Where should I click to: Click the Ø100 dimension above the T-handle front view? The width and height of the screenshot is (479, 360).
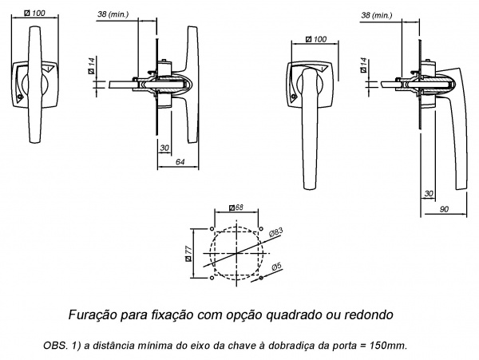pyautogui.click(x=34, y=14)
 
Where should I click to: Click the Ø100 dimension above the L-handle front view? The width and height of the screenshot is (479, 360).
pyautogui.click(x=316, y=39)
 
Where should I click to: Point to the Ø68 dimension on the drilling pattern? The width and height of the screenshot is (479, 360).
pyautogui.click(x=236, y=208)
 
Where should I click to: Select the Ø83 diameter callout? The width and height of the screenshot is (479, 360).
pyautogui.click(x=274, y=232)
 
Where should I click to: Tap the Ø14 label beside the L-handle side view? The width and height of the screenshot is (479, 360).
pyautogui.click(x=363, y=66)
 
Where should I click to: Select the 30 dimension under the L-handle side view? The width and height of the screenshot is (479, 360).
pyautogui.click(x=430, y=194)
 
